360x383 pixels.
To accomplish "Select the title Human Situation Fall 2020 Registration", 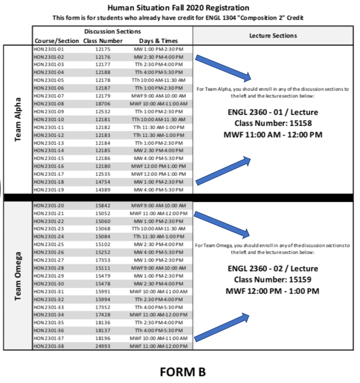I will tap(178, 8).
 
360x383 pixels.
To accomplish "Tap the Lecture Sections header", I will tap(273, 36).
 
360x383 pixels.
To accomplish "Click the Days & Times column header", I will tap(158, 41).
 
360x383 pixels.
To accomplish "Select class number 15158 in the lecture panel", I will tap(273, 123).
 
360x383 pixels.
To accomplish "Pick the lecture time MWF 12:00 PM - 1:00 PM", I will tap(273, 291).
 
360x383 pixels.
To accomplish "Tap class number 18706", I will tap(102, 104).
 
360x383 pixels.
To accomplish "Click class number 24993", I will tap(102, 346).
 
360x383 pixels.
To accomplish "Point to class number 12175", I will tap(102, 49).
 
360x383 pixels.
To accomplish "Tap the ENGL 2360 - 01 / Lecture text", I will tap(273, 112).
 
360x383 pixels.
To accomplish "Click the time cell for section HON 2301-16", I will tap(158, 166).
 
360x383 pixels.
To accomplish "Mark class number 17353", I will tap(102, 260).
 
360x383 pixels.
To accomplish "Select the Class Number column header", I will tap(103, 41).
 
